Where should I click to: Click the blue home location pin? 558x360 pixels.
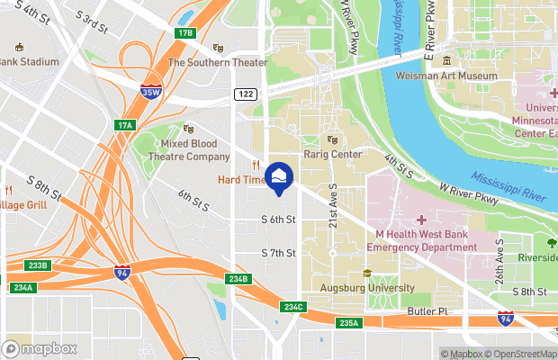click(x=280, y=176)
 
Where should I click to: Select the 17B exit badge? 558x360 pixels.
click(x=185, y=33)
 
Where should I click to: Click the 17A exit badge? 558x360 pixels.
click(x=123, y=125)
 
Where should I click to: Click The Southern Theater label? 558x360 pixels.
click(x=218, y=62)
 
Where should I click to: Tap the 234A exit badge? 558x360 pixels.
click(x=23, y=288)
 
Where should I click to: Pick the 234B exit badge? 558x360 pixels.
click(x=238, y=279)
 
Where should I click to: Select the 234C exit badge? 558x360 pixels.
click(x=293, y=307)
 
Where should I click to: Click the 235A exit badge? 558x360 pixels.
click(x=349, y=323)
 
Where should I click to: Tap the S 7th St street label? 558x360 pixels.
click(x=278, y=253)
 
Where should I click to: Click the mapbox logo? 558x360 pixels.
click(x=40, y=348)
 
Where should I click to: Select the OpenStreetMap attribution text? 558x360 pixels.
click(x=522, y=355)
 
